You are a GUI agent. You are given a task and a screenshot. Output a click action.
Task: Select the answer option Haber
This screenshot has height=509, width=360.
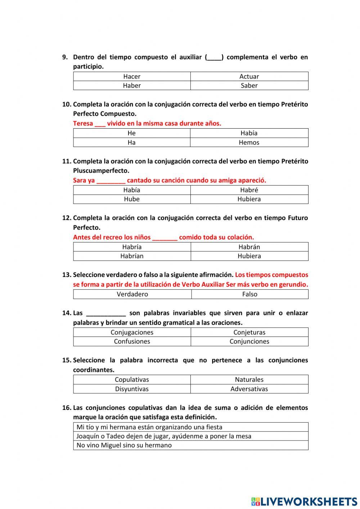(132, 85)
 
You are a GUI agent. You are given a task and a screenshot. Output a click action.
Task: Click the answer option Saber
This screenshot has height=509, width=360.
(249, 85)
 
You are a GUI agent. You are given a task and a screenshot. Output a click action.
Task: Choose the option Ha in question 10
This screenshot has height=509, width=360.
(131, 142)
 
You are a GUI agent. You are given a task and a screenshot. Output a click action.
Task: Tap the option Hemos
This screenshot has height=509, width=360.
(249, 142)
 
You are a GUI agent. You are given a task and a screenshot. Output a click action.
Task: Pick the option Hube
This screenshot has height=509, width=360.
(132, 199)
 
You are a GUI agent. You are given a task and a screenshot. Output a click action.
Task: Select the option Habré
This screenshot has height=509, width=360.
(249, 190)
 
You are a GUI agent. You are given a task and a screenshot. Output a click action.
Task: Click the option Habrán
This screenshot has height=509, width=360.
(249, 247)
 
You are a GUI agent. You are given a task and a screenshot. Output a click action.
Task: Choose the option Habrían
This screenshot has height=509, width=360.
(132, 256)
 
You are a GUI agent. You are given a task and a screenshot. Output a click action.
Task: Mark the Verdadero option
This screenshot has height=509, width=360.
(132, 294)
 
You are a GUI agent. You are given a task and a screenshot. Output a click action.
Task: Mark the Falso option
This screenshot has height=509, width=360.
(249, 294)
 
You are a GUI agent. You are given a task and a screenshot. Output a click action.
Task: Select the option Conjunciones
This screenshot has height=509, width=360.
(249, 341)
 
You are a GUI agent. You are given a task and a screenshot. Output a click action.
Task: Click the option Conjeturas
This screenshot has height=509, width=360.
(249, 332)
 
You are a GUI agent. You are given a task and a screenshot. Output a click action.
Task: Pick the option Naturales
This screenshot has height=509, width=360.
(249, 379)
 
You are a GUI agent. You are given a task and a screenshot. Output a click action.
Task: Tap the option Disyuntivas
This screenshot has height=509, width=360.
(132, 389)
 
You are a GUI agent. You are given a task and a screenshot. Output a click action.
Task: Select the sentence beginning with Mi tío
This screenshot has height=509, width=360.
(149, 427)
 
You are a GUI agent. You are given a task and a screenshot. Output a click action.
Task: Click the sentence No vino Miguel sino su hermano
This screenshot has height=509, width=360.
(124, 445)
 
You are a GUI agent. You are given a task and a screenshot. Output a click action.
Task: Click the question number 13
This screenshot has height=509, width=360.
(67, 274)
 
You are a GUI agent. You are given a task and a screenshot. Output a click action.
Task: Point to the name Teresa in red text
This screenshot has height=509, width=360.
(83, 123)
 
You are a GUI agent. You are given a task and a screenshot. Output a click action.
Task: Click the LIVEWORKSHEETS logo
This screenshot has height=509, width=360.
(304, 501)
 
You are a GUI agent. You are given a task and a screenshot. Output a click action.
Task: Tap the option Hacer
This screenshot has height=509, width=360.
(132, 76)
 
